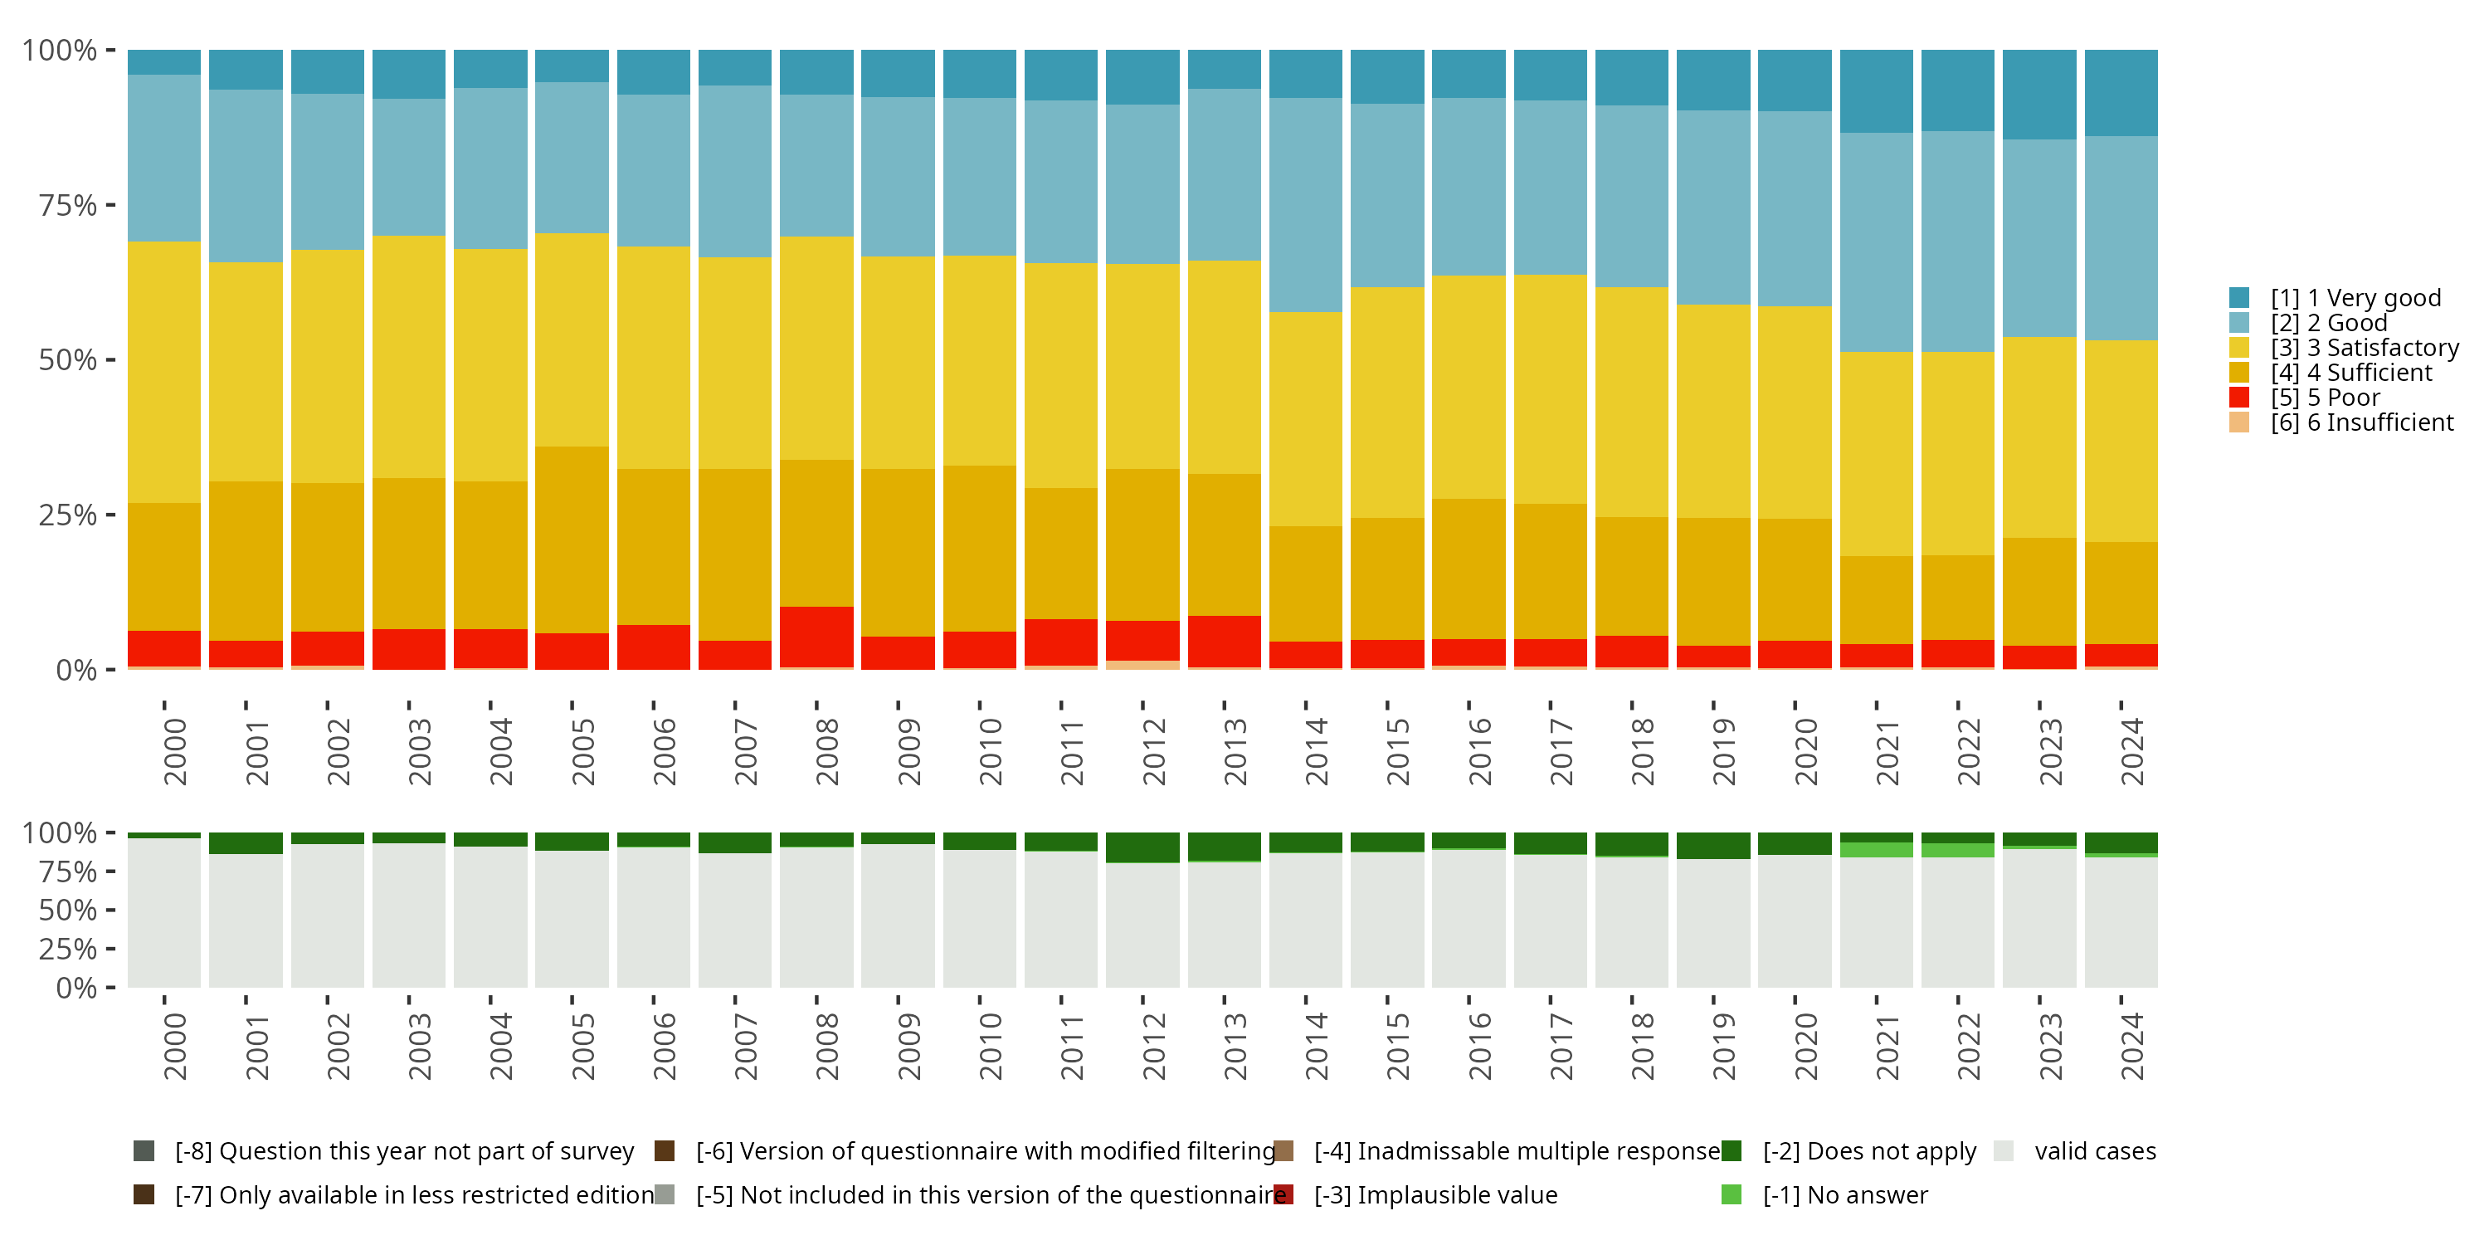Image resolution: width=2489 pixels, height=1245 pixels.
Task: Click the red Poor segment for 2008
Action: [816, 636]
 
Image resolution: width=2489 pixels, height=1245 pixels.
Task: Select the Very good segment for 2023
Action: [2038, 95]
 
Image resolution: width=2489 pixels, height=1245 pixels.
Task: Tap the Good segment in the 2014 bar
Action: [1305, 204]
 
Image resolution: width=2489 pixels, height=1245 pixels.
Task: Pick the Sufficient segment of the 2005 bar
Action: [572, 539]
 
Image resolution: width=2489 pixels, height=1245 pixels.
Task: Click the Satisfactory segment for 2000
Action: [164, 372]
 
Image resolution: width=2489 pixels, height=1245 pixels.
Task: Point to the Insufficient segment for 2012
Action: [1142, 665]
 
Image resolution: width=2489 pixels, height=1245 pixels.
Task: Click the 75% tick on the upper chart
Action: [68, 205]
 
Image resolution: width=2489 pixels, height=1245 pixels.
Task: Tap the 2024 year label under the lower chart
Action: [2131, 1046]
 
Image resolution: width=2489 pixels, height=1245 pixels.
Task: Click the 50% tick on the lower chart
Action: [68, 910]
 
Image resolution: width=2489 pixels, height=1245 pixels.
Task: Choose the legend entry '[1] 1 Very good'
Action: [2355, 298]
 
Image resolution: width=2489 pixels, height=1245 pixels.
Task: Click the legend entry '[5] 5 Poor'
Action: [2325, 398]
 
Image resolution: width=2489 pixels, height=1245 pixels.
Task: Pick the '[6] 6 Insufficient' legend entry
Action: [2360, 422]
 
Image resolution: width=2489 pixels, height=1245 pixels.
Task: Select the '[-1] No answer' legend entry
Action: [1844, 1194]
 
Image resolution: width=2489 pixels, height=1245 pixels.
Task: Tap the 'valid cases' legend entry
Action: [2094, 1150]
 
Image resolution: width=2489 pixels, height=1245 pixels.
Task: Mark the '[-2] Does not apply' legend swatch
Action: [1732, 1150]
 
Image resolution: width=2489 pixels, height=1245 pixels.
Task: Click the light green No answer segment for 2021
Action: [1875, 850]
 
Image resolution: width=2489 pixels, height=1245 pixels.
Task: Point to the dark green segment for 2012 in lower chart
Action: [1142, 847]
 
